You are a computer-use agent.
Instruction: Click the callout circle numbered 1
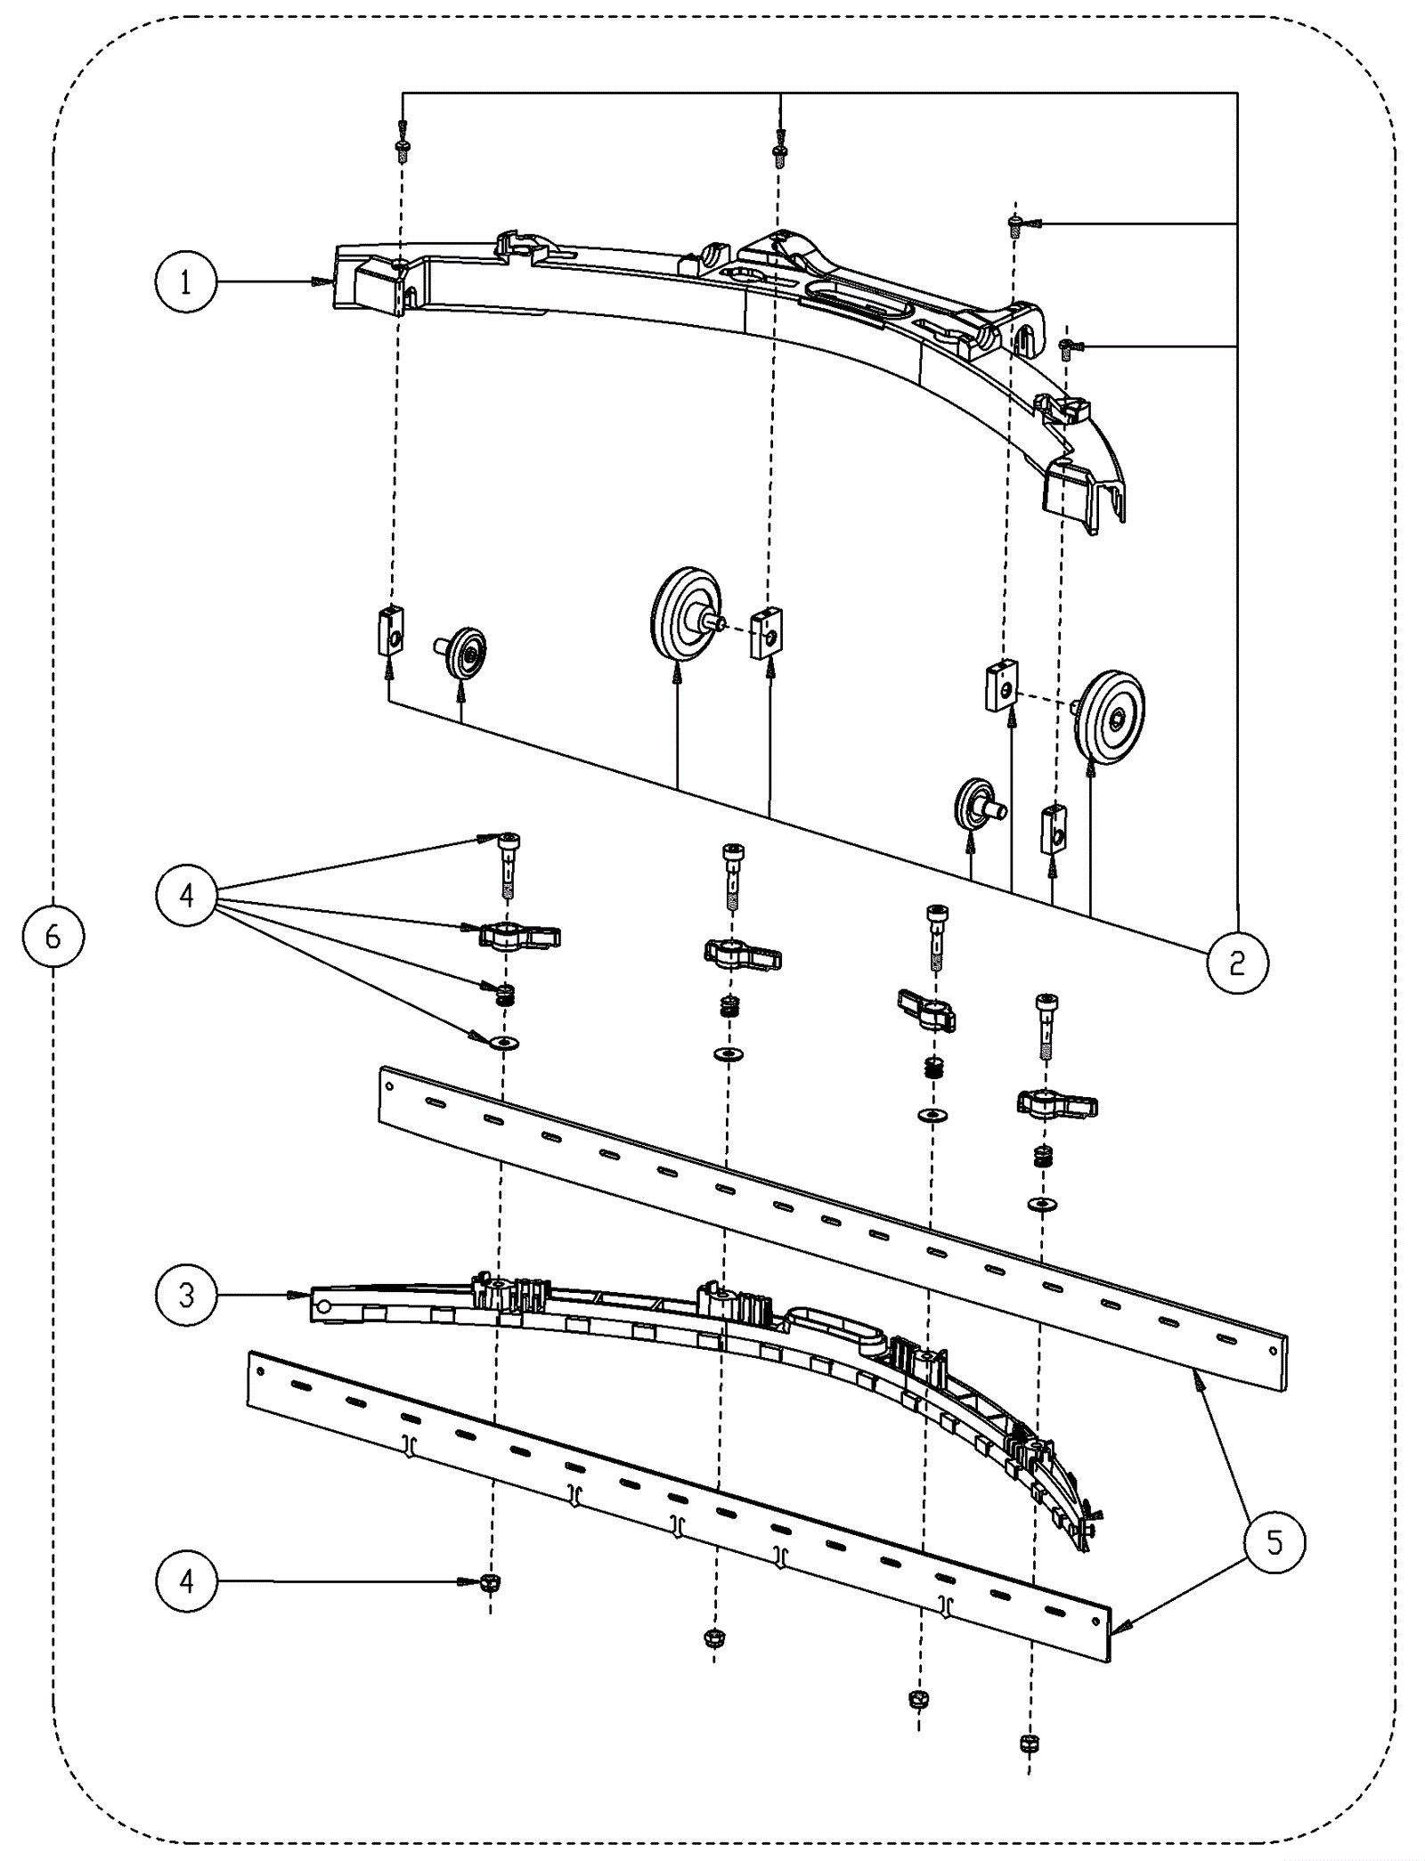tap(185, 282)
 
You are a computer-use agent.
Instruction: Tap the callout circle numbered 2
tap(1237, 962)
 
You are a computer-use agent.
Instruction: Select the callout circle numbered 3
tap(186, 1296)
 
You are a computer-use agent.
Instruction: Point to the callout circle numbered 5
tap(1274, 1542)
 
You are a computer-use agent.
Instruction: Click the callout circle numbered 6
tap(53, 936)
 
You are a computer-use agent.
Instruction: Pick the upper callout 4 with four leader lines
tap(186, 895)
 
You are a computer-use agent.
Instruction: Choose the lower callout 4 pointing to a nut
tap(186, 1581)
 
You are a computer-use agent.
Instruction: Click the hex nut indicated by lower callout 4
tap(490, 1582)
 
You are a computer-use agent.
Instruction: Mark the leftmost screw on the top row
tap(402, 149)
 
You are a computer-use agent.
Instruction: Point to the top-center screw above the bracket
tap(780, 152)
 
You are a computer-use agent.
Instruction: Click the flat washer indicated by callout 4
tap(505, 1042)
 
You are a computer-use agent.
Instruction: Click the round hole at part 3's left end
tap(324, 1306)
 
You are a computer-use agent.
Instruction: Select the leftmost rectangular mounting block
tap(390, 630)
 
